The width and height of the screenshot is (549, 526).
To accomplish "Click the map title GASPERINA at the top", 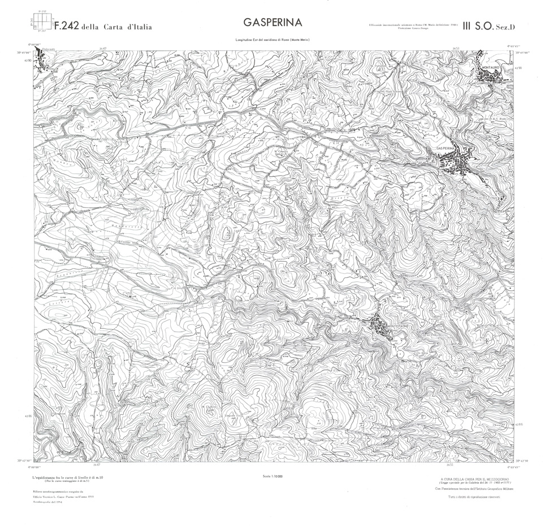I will (x=273, y=23).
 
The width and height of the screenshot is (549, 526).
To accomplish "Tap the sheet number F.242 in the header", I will (x=66, y=25).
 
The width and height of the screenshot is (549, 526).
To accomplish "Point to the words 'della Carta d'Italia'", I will (x=116, y=27).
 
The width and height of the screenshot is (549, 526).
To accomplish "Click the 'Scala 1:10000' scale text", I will (x=273, y=477).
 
